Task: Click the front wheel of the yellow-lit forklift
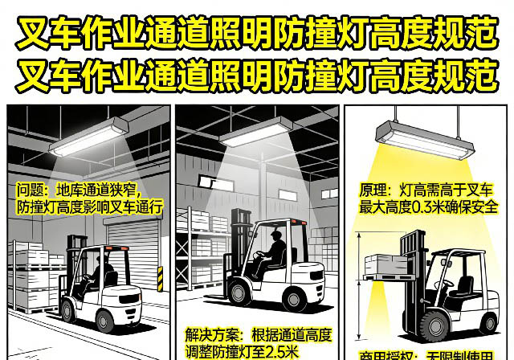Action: (426, 325)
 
